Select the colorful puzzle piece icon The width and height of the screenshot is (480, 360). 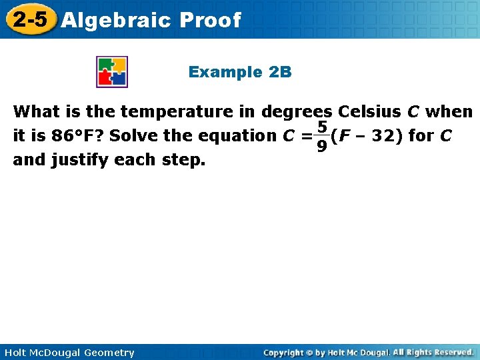pos(112,72)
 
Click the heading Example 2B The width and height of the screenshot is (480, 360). pos(240,72)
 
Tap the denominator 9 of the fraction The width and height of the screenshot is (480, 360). pos(321,145)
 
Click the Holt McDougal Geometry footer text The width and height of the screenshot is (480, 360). pos(68,352)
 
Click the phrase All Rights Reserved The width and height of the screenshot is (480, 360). pos(433,352)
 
